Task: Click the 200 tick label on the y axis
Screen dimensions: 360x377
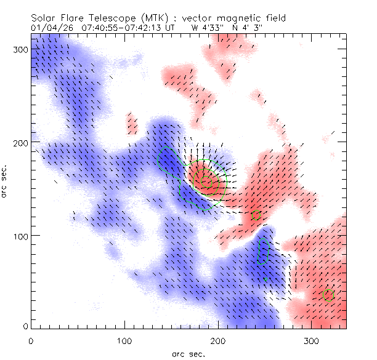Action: [x=21, y=143]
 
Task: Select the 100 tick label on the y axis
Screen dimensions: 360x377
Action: [x=21, y=236]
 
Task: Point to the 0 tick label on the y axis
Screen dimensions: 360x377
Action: [x=25, y=326]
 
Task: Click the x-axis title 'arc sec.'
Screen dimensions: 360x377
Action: [x=188, y=354]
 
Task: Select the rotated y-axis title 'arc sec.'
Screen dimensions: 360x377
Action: [x=6, y=181]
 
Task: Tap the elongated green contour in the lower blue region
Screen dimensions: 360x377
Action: [x=264, y=252]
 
